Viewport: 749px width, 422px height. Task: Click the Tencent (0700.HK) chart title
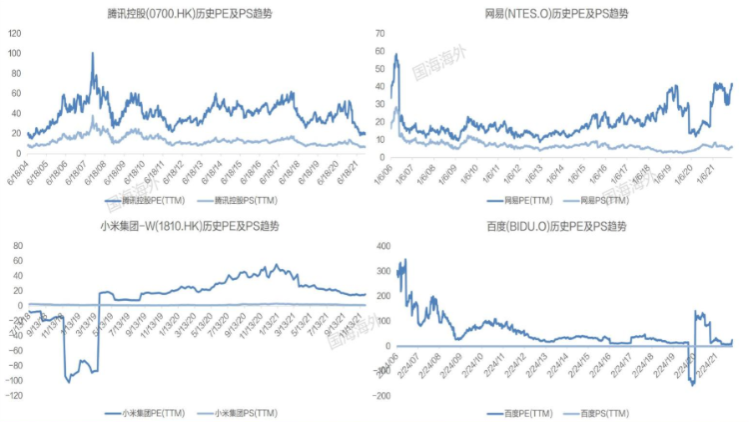[187, 13]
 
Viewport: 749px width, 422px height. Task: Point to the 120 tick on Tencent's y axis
[14, 33]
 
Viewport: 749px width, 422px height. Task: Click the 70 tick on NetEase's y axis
[378, 33]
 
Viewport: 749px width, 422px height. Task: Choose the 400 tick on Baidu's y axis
[380, 245]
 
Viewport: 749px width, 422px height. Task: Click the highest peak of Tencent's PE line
[93, 53]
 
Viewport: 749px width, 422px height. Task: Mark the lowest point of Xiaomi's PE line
[68, 381]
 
